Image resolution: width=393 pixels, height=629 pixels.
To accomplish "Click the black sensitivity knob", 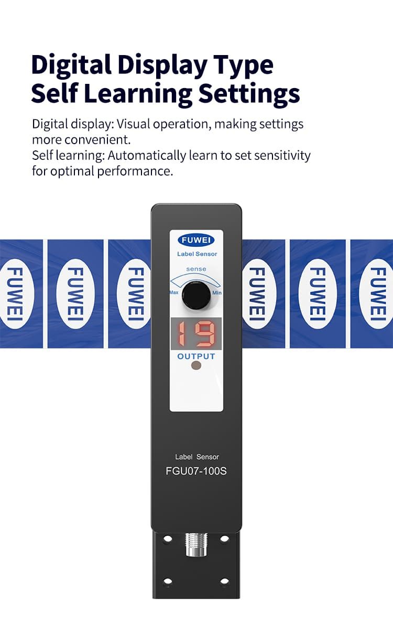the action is [196, 295].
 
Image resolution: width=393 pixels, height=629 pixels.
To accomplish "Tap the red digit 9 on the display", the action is [205, 333].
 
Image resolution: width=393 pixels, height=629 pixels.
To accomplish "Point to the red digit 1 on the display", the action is [181, 333].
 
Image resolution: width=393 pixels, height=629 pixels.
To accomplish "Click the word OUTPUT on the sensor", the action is [196, 356].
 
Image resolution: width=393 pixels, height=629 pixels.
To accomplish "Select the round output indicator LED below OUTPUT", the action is [196, 365].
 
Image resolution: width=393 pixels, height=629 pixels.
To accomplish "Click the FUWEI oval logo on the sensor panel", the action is [196, 240].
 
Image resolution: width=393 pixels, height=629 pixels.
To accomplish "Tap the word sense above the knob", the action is [196, 269].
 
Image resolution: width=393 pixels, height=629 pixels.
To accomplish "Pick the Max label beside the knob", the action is [174, 292].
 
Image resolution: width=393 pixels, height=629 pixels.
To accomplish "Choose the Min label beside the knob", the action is [217, 292].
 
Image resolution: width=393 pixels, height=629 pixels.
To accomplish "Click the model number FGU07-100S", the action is [196, 471].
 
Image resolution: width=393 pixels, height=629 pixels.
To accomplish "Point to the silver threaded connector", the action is [196, 545].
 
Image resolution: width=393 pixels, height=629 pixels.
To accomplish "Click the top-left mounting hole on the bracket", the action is [168, 539].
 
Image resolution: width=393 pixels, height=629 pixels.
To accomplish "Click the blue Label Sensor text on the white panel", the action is [197, 254].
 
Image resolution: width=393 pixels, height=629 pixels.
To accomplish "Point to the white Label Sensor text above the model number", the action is [197, 457].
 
